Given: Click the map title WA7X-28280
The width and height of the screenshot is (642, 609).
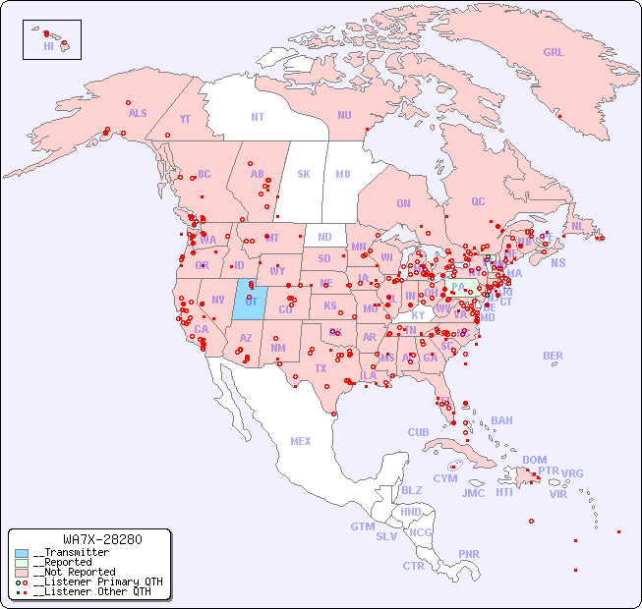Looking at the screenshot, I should click(x=102, y=539).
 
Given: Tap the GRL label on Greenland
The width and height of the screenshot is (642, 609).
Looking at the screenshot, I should click(x=554, y=52).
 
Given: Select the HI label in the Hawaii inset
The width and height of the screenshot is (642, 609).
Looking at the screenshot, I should click(x=48, y=46).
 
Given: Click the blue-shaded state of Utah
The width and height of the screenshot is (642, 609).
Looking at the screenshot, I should click(x=249, y=300).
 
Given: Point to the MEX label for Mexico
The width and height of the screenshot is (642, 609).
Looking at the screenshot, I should click(x=301, y=441).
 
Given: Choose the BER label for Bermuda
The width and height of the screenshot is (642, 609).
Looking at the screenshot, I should click(x=554, y=356).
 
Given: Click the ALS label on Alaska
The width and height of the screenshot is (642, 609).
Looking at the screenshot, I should click(x=138, y=113).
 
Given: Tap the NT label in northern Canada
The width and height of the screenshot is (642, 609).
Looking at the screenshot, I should click(x=258, y=116).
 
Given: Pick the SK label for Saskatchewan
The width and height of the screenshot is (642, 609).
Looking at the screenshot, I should click(x=304, y=174).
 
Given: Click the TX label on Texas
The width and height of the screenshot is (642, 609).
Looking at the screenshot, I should click(x=320, y=369).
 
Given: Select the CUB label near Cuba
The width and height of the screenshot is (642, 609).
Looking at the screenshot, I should click(x=418, y=432).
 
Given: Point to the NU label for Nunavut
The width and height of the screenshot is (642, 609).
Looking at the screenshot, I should click(x=344, y=115).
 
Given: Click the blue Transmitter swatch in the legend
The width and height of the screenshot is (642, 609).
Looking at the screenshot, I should click(x=22, y=553).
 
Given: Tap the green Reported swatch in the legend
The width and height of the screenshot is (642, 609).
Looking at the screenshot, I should click(x=22, y=563).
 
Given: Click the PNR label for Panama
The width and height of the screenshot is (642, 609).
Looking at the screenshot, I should click(x=469, y=554).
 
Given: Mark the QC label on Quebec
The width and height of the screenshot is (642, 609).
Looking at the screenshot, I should click(x=478, y=201).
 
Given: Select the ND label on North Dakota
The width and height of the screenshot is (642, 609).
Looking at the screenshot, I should click(x=324, y=237).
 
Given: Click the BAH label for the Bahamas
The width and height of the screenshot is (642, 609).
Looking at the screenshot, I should click(x=501, y=420).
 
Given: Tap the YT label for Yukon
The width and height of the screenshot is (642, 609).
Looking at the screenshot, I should click(x=185, y=119).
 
